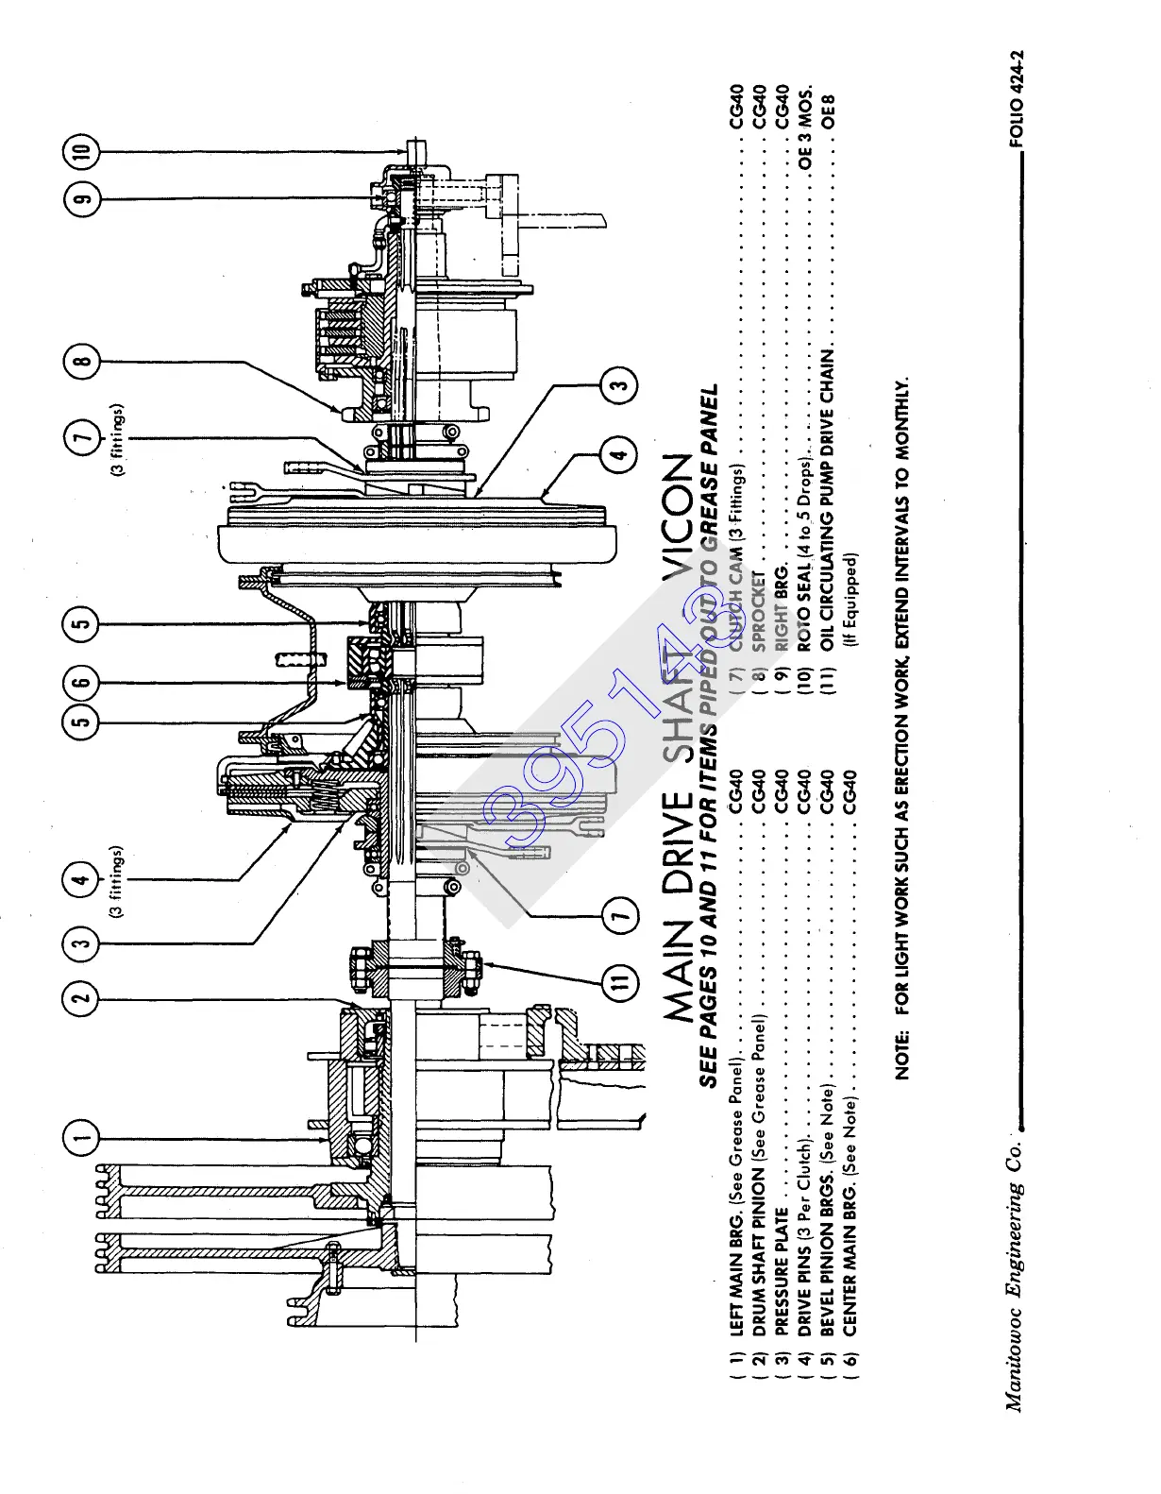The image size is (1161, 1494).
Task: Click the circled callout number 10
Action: coord(81,150)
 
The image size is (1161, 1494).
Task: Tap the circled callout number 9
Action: coord(81,199)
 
